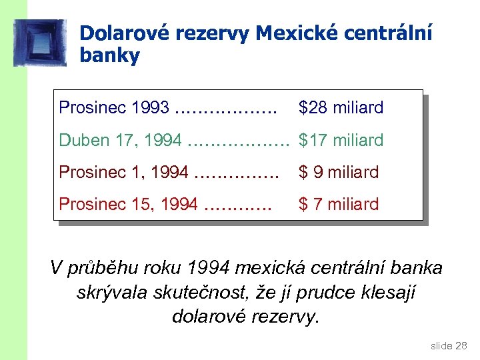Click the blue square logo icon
pos(40,43)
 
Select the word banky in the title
pos(109,55)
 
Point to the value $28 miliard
pos(341,108)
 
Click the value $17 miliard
pos(341,140)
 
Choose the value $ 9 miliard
pos(339,172)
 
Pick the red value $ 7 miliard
pos(339,204)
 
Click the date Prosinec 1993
pos(113,108)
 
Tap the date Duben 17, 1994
pos(120,140)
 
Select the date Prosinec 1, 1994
pos(124,172)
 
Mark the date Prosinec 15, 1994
pos(129,204)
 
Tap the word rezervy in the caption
pos(283,316)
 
